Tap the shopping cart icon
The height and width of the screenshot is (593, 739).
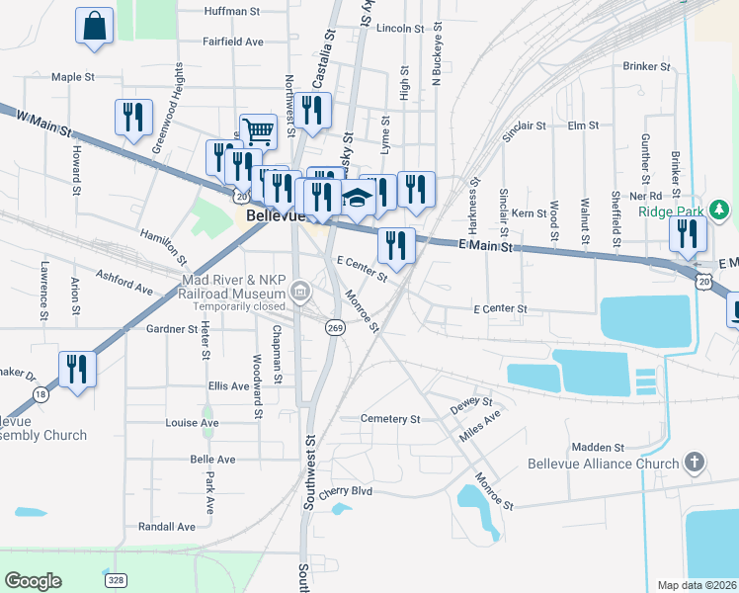coord(257,129)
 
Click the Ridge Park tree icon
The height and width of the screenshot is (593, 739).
coord(721,210)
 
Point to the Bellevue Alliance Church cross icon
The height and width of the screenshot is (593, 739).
coord(695,463)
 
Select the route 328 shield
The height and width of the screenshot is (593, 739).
coord(117,580)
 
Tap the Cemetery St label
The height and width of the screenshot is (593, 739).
coord(390,419)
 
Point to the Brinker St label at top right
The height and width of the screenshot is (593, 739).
coord(647,66)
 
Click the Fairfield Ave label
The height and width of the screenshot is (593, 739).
coord(233,42)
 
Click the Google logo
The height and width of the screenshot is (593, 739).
coord(33,581)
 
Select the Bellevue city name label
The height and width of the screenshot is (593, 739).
coord(270,215)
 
